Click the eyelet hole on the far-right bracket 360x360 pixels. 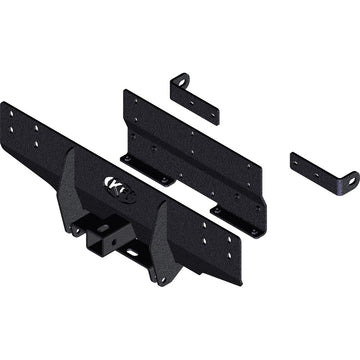pyautogui.click(x=351, y=180)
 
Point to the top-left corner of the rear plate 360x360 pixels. pyautogui.click(x=127, y=92)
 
